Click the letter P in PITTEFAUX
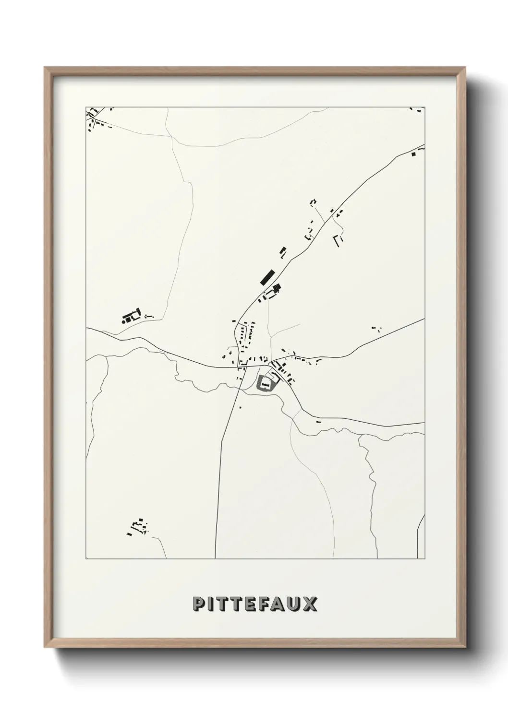198,603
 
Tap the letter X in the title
310,603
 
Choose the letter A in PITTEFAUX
277,603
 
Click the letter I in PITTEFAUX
210,603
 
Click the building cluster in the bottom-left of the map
138,527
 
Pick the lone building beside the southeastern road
319,421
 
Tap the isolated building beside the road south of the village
240,407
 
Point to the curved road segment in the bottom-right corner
421,532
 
